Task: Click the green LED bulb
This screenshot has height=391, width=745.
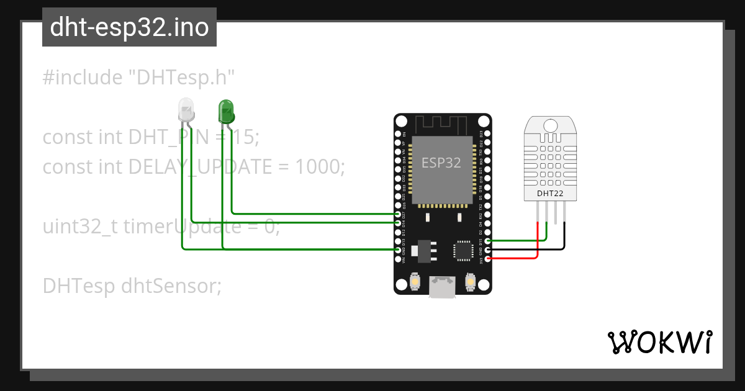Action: pyautogui.click(x=225, y=111)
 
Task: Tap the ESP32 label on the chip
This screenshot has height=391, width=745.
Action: pyautogui.click(x=441, y=163)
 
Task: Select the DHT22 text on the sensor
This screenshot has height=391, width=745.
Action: pyautogui.click(x=551, y=194)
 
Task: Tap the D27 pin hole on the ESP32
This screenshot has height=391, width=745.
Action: pyautogui.click(x=398, y=213)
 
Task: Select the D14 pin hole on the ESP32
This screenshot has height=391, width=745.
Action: pyautogui.click(x=398, y=222)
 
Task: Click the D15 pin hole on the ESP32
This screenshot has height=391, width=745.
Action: pyautogui.click(x=487, y=240)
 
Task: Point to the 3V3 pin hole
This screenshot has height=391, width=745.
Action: pyautogui.click(x=487, y=258)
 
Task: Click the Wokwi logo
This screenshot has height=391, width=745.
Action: pyautogui.click(x=659, y=342)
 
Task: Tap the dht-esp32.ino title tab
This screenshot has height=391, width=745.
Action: pyautogui.click(x=129, y=27)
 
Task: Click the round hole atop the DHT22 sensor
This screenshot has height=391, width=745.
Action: pyautogui.click(x=551, y=125)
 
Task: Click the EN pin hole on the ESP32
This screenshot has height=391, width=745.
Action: pyautogui.click(x=398, y=133)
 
